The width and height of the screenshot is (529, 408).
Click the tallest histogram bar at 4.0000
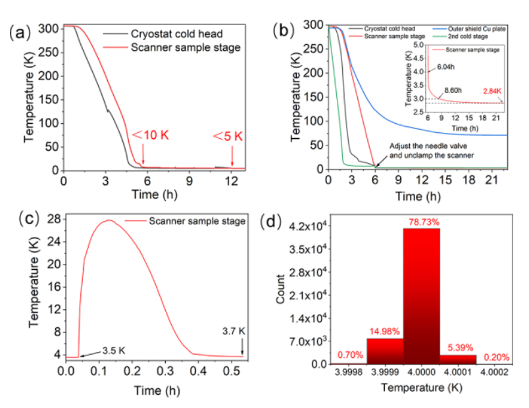tap(421, 296)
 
